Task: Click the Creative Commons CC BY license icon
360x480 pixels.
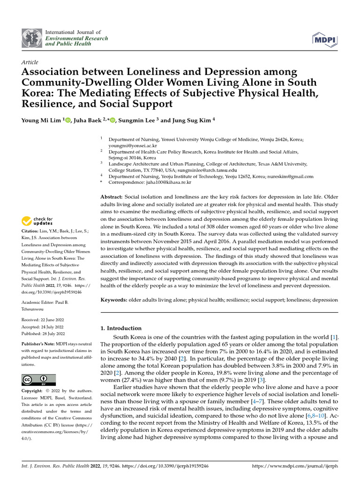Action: point(38,380)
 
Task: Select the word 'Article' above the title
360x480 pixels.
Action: point(30,62)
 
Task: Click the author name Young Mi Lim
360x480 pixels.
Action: point(41,120)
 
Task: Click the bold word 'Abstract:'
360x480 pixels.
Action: point(112,197)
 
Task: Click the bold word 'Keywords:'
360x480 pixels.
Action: point(114,300)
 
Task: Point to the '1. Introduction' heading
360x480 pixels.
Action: point(121,328)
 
